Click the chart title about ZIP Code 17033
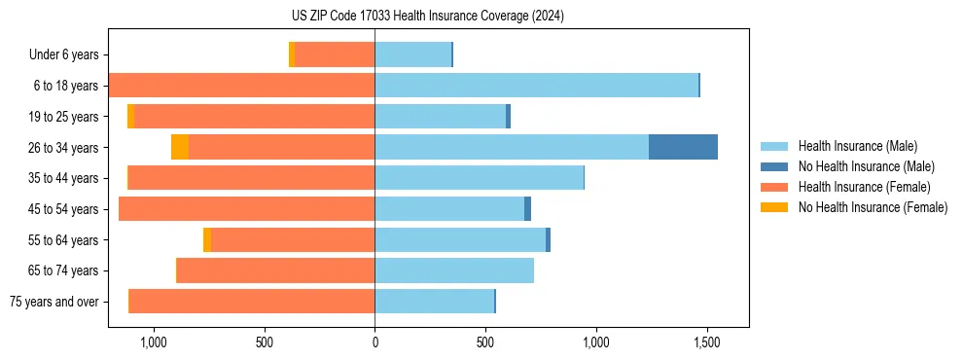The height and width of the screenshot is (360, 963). [x=428, y=17]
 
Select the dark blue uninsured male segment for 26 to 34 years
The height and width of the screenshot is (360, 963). [x=683, y=147]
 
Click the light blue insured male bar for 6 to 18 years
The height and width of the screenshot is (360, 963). [x=536, y=86]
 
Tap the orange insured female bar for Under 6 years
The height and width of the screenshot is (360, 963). [x=335, y=54]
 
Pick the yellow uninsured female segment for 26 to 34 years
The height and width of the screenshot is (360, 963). [x=180, y=147]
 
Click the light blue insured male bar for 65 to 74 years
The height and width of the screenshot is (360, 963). [x=454, y=270]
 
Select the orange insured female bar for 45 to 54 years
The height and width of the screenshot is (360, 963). [x=247, y=209]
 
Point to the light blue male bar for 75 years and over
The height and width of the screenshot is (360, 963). [x=434, y=302]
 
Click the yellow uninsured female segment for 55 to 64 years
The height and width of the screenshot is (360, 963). [x=207, y=239]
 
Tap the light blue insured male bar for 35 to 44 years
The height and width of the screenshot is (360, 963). [x=479, y=178]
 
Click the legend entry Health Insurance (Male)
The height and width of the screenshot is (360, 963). [x=857, y=146]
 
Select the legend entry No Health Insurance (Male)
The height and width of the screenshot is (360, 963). [x=866, y=166]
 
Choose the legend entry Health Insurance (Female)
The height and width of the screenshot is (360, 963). [x=864, y=187]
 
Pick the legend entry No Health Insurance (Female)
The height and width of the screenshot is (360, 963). [x=873, y=207]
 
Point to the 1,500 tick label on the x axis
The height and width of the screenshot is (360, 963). [x=706, y=342]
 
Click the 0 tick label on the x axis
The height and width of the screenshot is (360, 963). [x=374, y=342]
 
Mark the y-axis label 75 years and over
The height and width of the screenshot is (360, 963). [x=53, y=302]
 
